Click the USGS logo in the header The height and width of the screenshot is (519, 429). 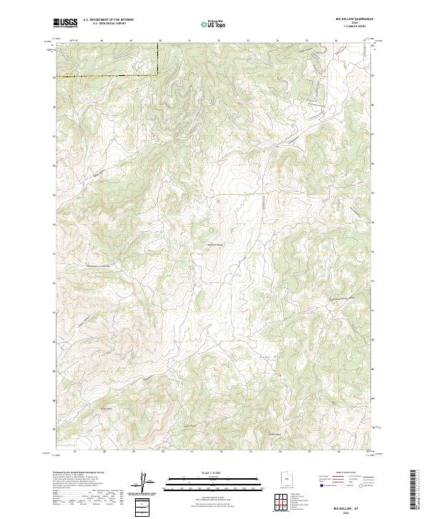point(66,24)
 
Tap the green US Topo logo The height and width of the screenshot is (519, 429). point(215,24)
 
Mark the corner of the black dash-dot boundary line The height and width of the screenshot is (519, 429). point(158,74)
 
